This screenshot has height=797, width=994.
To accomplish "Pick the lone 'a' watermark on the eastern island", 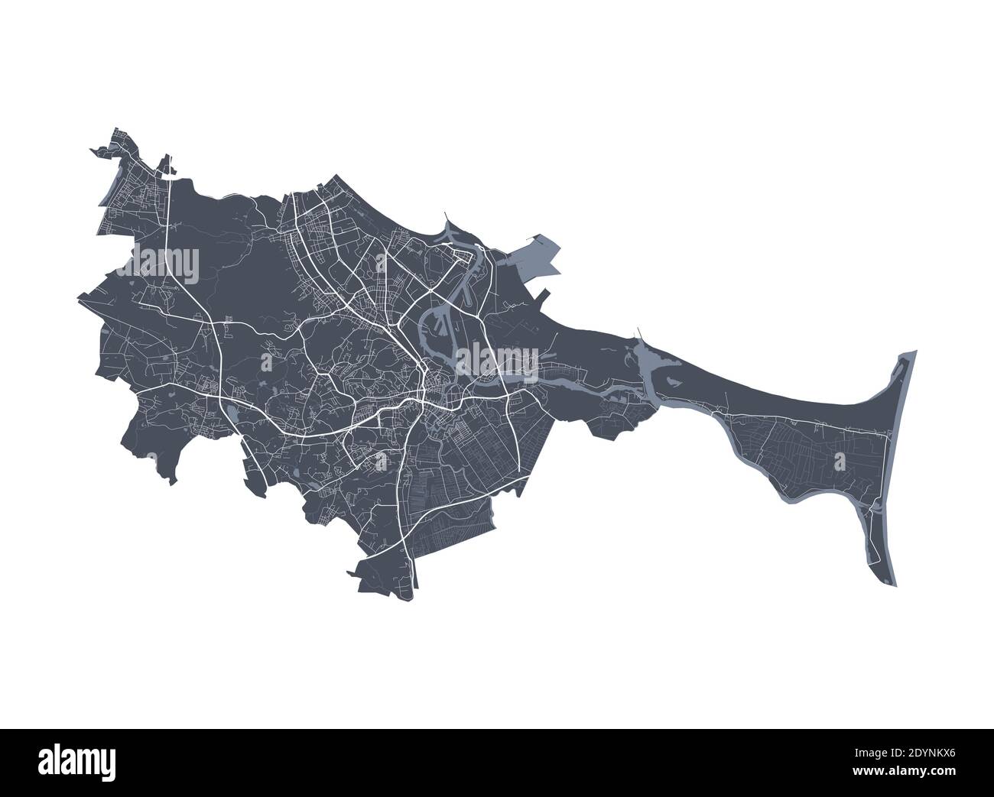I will pyautogui.click(x=840, y=461).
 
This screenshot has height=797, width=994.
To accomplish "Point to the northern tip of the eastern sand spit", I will pyautogui.click(x=914, y=352).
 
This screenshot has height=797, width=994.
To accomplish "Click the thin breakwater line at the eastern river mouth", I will pyautogui.click(x=641, y=336).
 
